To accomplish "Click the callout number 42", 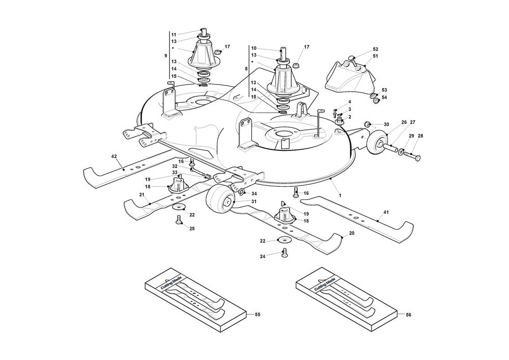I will [114, 157].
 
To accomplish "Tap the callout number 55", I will [257, 315].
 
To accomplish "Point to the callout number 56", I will [408, 315].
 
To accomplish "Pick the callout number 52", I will [375, 49].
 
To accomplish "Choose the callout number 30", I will [386, 124].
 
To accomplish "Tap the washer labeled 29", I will [402, 151].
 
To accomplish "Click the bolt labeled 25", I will [179, 219].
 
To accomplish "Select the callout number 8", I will [246, 68].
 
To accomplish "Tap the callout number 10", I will [253, 48].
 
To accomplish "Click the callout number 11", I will [174, 35].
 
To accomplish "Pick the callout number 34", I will [254, 193].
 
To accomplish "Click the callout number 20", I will [351, 234].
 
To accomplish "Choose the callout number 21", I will [142, 195].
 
